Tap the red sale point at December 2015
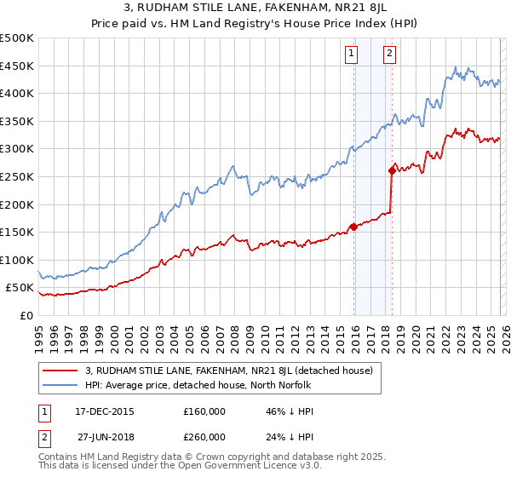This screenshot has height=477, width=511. click(353, 227)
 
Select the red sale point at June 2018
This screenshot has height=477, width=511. click(392, 170)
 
